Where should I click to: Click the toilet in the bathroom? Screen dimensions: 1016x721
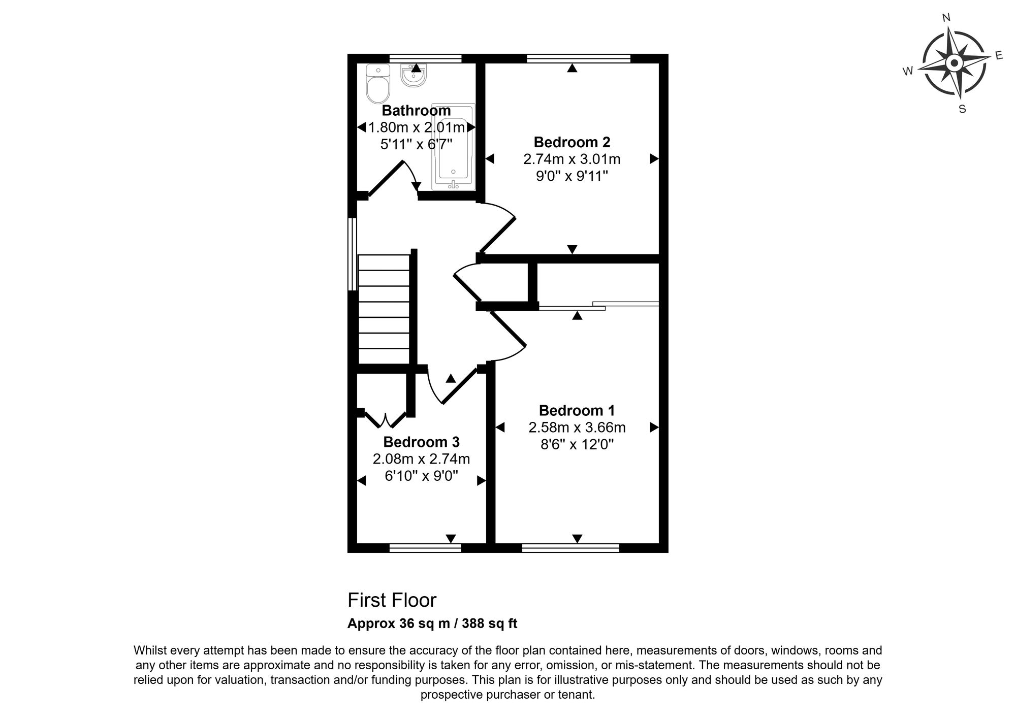coord(377,84)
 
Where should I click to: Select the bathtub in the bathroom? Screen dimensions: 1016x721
coord(453,147)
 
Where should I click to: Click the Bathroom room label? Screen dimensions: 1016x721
coord(416,111)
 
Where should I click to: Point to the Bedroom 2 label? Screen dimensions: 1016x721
coord(572,142)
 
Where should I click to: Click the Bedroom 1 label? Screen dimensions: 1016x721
coord(577,410)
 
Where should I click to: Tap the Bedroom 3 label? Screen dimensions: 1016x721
coord(422,442)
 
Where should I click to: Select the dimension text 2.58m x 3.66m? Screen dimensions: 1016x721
coord(577,428)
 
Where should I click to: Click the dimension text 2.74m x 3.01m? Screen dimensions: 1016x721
coord(572,159)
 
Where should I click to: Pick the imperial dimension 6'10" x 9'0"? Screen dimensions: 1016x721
coord(422,476)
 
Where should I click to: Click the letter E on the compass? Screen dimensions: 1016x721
coord(999,55)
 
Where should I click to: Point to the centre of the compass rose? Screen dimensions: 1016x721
coord(954,64)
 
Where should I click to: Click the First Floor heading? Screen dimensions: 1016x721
coord(392,600)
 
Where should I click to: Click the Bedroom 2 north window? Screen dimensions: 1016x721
coord(579,58)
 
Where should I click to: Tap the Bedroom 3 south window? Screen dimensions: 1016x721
coord(425,548)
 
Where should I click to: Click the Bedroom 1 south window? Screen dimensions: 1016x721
coord(570,548)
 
